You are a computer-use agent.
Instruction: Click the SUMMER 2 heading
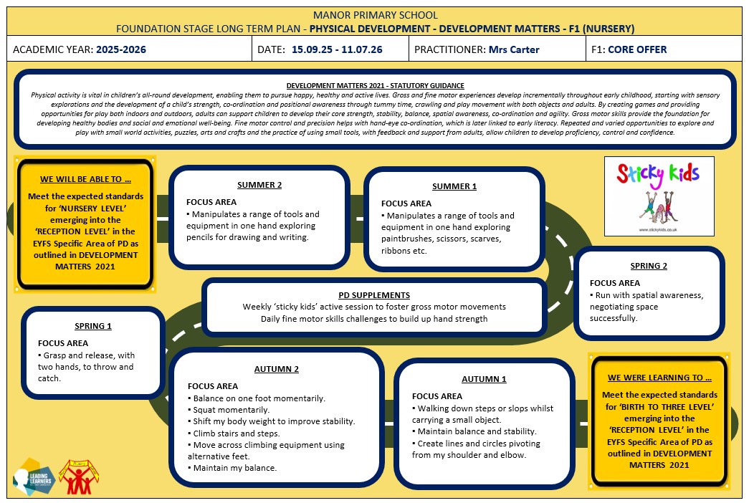pos(259,185)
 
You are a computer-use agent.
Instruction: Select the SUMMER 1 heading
pos(454,186)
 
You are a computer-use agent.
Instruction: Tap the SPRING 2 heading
pos(649,266)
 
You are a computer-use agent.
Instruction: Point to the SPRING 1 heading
pos(93,326)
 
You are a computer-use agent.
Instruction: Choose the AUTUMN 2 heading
pos(277,369)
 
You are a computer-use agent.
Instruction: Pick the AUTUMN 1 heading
pos(484,379)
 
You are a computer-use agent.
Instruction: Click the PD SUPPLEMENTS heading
pos(374,295)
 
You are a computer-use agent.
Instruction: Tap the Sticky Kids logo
pos(659,196)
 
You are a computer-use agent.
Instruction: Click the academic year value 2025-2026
pos(121,49)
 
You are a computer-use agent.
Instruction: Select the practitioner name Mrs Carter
pos(514,49)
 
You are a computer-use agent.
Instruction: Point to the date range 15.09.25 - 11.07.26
pos(337,49)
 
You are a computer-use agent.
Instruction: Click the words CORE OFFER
pos(637,49)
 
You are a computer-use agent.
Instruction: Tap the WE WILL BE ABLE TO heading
pos(85,180)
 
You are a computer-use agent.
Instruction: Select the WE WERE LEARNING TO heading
pos(659,378)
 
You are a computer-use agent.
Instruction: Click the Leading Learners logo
pos(34,476)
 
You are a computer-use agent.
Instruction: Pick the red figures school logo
pos(79,476)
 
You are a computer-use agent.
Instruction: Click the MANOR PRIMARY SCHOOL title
pos(375,15)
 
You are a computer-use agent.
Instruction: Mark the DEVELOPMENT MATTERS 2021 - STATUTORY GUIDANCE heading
pos(375,86)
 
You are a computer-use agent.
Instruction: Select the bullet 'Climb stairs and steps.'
pos(234,433)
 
